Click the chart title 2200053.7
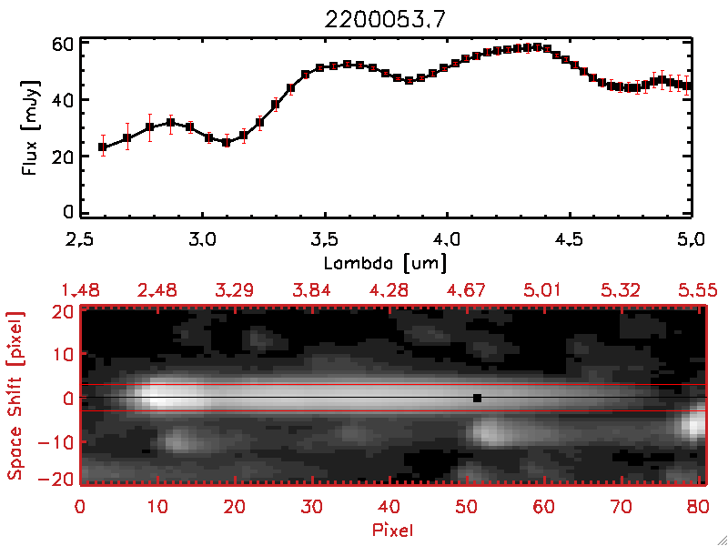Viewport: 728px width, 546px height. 385,23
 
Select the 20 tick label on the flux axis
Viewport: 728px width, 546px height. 61,156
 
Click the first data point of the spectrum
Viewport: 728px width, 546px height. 103,147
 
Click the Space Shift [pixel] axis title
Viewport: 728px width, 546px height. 15,396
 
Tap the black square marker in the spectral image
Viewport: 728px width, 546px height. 476,398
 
